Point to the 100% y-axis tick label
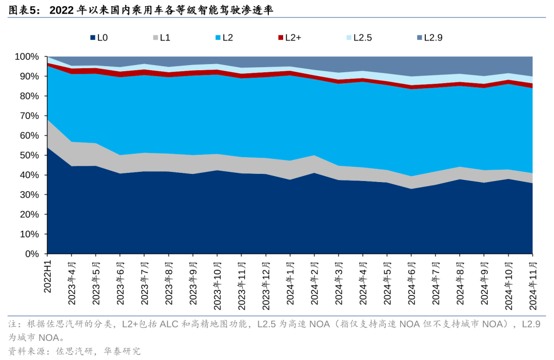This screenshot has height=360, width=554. (x=26, y=56)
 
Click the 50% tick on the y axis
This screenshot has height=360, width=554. (x=29, y=155)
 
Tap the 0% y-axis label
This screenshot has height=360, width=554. (x=32, y=254)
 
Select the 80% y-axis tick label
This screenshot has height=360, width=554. (x=29, y=96)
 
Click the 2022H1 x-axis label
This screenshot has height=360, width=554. (x=48, y=275)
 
